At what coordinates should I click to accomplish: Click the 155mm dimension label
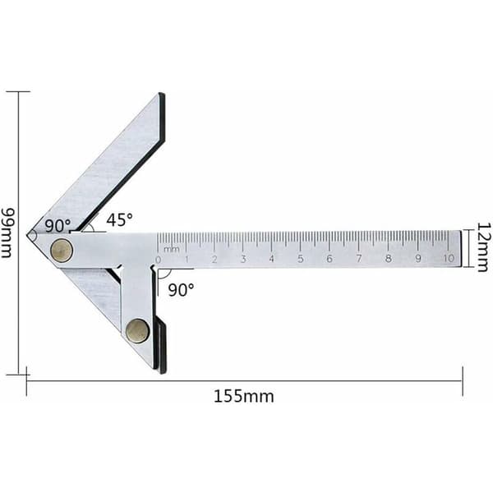point(244,396)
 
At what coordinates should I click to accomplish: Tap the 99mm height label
point(7,233)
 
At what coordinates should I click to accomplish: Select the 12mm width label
point(484,247)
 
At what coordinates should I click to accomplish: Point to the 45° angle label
point(119,219)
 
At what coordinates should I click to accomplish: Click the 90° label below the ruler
point(181,290)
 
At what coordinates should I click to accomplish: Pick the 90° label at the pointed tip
point(58,225)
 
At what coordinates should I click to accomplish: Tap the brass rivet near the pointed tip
point(62,250)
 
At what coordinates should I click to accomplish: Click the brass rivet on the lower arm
point(137,331)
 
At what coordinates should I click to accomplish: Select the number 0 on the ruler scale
point(158,260)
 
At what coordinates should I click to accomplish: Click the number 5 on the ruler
point(301,259)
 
